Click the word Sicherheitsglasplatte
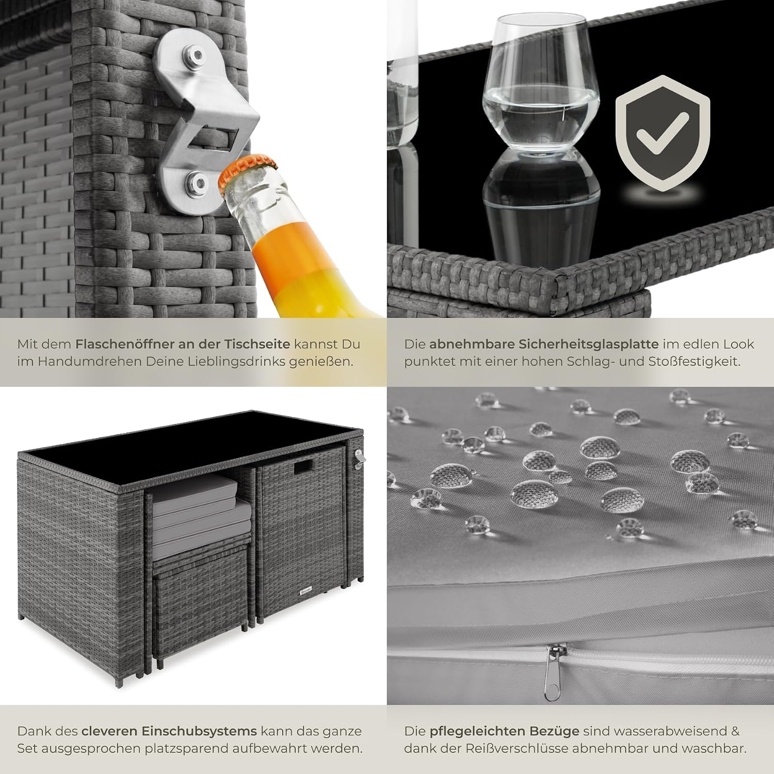click(x=544, y=344)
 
